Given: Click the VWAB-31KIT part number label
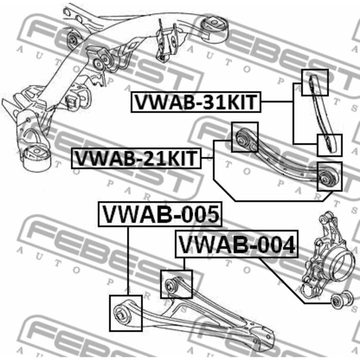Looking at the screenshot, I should pyautogui.click(x=195, y=102).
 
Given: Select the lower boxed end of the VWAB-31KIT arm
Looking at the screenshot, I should pyautogui.click(x=330, y=144).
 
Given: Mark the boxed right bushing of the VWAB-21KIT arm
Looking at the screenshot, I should pyautogui.click(x=329, y=176).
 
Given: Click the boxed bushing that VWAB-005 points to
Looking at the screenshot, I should pyautogui.click(x=125, y=312).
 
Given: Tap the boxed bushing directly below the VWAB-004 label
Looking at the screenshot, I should pyautogui.click(x=176, y=283).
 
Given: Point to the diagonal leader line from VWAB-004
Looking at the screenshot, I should pyautogui.click(x=283, y=278).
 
